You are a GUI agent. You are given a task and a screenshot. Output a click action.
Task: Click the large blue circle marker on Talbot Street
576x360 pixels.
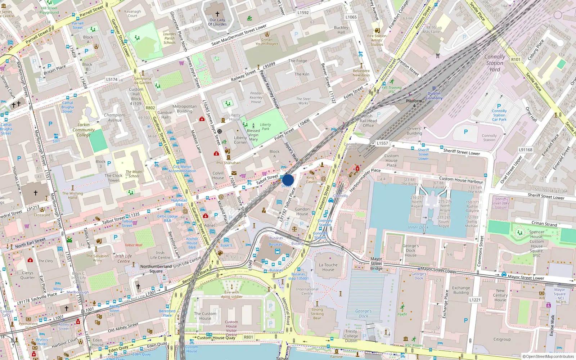[x=288, y=180]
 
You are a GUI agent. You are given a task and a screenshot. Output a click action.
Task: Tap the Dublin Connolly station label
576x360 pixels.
[x=434, y=96]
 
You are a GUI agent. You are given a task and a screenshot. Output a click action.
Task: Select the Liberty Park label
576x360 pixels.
[x=265, y=127]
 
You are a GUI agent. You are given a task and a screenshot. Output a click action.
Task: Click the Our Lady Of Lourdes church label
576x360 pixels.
[x=217, y=22]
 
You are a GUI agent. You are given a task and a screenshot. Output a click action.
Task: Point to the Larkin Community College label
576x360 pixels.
[x=84, y=130]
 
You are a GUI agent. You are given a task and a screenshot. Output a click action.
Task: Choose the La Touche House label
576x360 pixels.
[x=328, y=267]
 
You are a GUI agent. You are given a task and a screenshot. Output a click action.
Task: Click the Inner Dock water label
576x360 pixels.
[x=418, y=227]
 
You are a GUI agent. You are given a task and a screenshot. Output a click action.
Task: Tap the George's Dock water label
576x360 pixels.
[x=363, y=314]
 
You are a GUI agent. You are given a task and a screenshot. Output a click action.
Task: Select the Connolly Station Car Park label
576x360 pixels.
[x=499, y=115]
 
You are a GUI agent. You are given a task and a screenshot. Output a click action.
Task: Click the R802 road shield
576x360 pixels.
[x=150, y=108]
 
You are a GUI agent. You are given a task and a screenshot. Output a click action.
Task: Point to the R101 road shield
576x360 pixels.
[x=516, y=59]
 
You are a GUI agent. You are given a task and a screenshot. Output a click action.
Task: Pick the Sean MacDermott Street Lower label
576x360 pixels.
[x=239, y=35]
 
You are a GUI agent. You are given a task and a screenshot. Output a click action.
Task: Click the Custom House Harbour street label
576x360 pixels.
[x=461, y=180]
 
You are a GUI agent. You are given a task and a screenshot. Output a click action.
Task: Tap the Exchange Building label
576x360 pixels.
[x=461, y=290]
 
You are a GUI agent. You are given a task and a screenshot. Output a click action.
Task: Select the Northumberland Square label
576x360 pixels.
[x=156, y=269]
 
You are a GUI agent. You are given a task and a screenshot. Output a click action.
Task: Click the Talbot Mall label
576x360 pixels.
[x=134, y=245]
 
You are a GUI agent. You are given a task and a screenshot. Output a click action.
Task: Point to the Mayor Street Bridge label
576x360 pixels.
[x=376, y=264]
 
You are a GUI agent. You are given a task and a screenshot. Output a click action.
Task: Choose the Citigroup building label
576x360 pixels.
[x=502, y=339]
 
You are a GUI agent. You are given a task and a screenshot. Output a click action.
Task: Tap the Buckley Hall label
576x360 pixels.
[x=341, y=30]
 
